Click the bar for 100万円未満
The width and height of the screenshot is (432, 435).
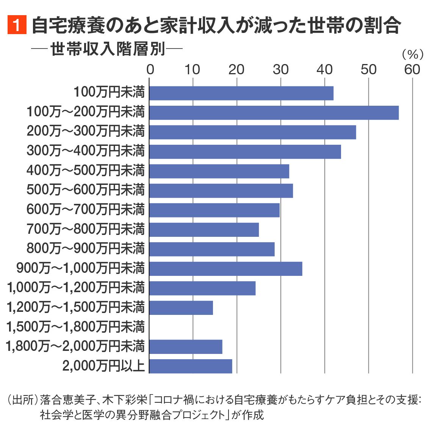(241, 93)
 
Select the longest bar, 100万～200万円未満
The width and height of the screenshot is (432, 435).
(274, 113)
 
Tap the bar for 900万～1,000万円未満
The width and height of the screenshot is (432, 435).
(226, 269)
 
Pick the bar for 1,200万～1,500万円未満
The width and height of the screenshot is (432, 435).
(181, 308)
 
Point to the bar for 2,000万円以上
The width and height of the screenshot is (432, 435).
(191, 366)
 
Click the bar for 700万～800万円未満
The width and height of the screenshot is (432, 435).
(204, 230)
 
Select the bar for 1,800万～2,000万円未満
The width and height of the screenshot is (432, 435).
(186, 347)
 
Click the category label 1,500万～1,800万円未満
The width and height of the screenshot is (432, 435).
(76, 327)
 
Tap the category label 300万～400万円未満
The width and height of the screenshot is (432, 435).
(86, 151)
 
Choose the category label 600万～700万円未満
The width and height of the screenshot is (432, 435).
(86, 210)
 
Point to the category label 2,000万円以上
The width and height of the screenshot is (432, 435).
(103, 366)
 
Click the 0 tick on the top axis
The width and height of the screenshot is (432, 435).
(150, 69)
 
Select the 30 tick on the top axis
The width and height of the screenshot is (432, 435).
(281, 69)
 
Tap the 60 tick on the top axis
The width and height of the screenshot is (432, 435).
(412, 69)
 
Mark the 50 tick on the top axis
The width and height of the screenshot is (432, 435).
(368, 69)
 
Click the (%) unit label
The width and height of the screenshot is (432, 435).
(412, 55)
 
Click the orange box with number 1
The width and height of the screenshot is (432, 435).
(17, 25)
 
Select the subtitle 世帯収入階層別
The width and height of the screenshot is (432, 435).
(108, 49)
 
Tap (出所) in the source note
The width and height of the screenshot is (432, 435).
(22, 400)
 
